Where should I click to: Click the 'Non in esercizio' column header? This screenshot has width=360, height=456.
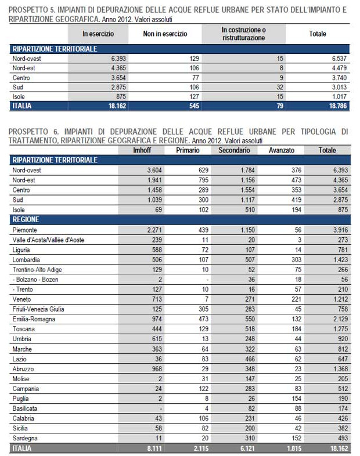(165, 34)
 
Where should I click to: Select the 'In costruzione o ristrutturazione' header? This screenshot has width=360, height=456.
(244, 34)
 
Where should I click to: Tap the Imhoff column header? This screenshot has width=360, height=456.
(142, 150)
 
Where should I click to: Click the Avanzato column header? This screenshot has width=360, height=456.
(282, 150)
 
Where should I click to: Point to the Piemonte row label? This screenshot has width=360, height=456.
(25, 230)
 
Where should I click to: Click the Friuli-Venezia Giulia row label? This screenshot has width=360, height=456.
(38, 309)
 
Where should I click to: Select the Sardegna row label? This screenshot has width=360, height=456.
(25, 438)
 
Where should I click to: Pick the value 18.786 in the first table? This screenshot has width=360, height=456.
(338, 106)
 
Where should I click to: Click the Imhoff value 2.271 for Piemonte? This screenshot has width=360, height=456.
(154, 230)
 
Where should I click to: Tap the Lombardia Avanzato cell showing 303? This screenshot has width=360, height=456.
(297, 260)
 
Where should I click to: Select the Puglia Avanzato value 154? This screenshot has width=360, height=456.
(297, 399)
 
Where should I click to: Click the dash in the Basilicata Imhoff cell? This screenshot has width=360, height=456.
(160, 408)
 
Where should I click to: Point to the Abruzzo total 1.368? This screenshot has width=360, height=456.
(340, 369)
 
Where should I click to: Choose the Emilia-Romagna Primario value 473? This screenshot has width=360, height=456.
(203, 319)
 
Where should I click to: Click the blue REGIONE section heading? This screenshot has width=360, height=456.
(26, 219)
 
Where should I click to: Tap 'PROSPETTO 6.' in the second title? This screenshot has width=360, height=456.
(34, 132)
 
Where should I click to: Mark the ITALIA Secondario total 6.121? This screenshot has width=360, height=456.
(247, 448)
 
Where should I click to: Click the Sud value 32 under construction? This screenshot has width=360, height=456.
(280, 87)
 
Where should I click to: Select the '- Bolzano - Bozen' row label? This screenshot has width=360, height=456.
(35, 280)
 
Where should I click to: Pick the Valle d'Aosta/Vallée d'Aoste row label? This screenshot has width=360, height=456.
(48, 240)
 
